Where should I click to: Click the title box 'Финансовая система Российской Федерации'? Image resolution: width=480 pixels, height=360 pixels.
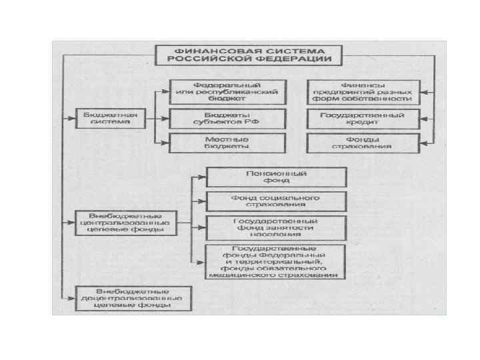[249, 55]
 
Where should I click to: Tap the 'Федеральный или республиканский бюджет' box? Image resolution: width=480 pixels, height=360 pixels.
[227, 91]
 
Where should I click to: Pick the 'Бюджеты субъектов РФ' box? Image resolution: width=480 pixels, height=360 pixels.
[227, 119]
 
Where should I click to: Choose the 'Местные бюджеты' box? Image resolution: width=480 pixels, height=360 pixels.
[227, 142]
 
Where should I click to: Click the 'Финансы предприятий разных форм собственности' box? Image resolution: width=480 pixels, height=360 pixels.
[363, 91]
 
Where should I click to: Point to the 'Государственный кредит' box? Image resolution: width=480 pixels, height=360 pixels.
[363, 119]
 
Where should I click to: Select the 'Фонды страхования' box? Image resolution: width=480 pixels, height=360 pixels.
[363, 142]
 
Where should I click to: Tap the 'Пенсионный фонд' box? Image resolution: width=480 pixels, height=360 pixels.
[276, 177]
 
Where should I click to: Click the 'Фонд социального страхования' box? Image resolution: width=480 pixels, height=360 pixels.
[276, 201]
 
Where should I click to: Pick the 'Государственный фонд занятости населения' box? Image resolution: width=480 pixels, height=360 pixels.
[276, 227]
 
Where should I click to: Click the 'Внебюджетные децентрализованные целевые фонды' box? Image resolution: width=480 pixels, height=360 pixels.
[133, 299]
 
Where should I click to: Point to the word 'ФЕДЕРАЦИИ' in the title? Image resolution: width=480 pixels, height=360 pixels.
[297, 59]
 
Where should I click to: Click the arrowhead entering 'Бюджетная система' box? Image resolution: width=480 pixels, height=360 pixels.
[71, 119]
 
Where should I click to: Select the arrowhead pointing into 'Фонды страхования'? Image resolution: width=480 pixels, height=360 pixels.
[425, 142]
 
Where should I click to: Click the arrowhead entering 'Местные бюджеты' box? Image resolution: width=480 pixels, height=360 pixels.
[165, 142]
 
